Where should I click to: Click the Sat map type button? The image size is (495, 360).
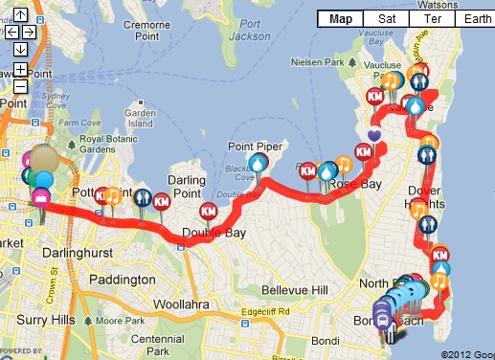click(387, 18)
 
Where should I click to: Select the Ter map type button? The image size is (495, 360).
click(427, 18)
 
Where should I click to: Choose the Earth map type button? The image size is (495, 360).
click(469, 18)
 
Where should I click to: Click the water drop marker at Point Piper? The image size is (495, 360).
click(259, 163)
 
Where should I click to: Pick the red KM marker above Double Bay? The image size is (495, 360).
click(208, 211)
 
